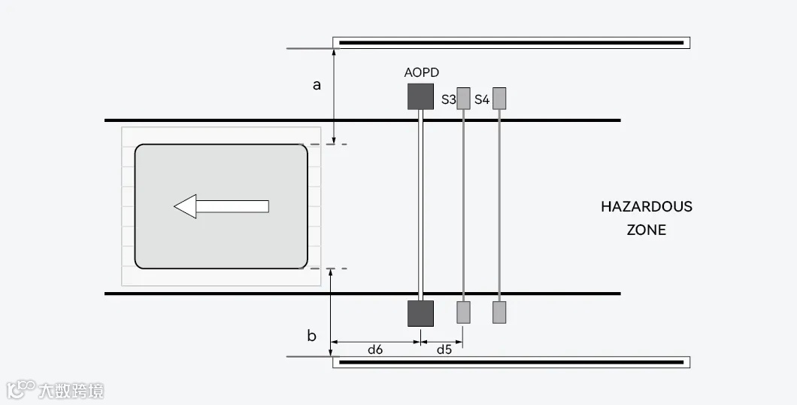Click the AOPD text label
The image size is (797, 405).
click(x=421, y=73)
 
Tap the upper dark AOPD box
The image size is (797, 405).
click(x=420, y=96)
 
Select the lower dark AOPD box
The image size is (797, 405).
click(x=420, y=313)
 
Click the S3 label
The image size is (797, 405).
click(x=448, y=99)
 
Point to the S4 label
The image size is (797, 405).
click(x=482, y=99)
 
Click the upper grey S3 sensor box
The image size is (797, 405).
click(x=464, y=98)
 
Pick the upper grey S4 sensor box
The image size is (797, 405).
click(x=499, y=98)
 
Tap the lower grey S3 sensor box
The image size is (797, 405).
click(x=464, y=312)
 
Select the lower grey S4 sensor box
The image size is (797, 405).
click(x=499, y=312)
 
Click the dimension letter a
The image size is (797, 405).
click(x=317, y=85)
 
